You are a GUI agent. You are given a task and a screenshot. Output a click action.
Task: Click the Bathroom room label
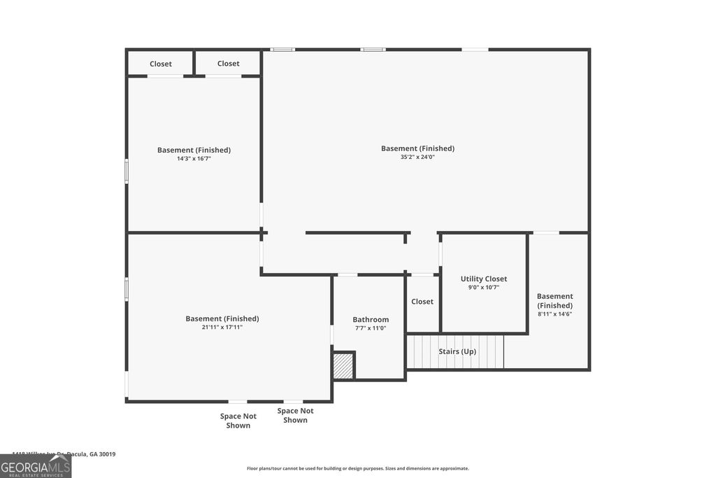(x=371, y=320)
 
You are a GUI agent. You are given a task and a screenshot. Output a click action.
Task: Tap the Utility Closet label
(x=484, y=279)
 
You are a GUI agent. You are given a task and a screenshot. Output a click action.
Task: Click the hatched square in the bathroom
(x=343, y=366)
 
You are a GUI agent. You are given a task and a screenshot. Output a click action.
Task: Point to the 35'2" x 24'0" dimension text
(x=417, y=157)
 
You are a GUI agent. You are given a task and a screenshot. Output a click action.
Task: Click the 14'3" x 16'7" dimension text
(x=194, y=159)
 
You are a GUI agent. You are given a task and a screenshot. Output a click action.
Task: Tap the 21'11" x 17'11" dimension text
(x=222, y=328)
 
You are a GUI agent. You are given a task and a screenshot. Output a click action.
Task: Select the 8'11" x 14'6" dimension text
(x=554, y=314)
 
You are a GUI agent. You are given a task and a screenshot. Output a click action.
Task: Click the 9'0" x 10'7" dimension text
(x=484, y=288)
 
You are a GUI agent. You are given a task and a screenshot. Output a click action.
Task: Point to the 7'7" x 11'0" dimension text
(x=371, y=328)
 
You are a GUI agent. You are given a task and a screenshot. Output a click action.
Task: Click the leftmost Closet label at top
(x=161, y=64)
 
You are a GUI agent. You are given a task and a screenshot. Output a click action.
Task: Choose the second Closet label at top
(x=228, y=64)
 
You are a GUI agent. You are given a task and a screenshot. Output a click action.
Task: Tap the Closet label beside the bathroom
(x=422, y=302)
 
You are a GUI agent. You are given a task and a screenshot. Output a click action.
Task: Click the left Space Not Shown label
(x=238, y=421)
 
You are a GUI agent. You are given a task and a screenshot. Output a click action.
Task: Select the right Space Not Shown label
(x=295, y=416)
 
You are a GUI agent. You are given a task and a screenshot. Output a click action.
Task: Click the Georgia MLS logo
(x=36, y=467)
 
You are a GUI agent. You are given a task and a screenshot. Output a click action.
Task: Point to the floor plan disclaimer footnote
(x=357, y=468)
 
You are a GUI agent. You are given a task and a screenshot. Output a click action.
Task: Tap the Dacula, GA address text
(x=64, y=454)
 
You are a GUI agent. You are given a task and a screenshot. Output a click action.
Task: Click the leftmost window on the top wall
(x=282, y=50)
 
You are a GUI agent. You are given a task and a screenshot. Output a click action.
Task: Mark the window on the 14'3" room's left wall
(x=127, y=171)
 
